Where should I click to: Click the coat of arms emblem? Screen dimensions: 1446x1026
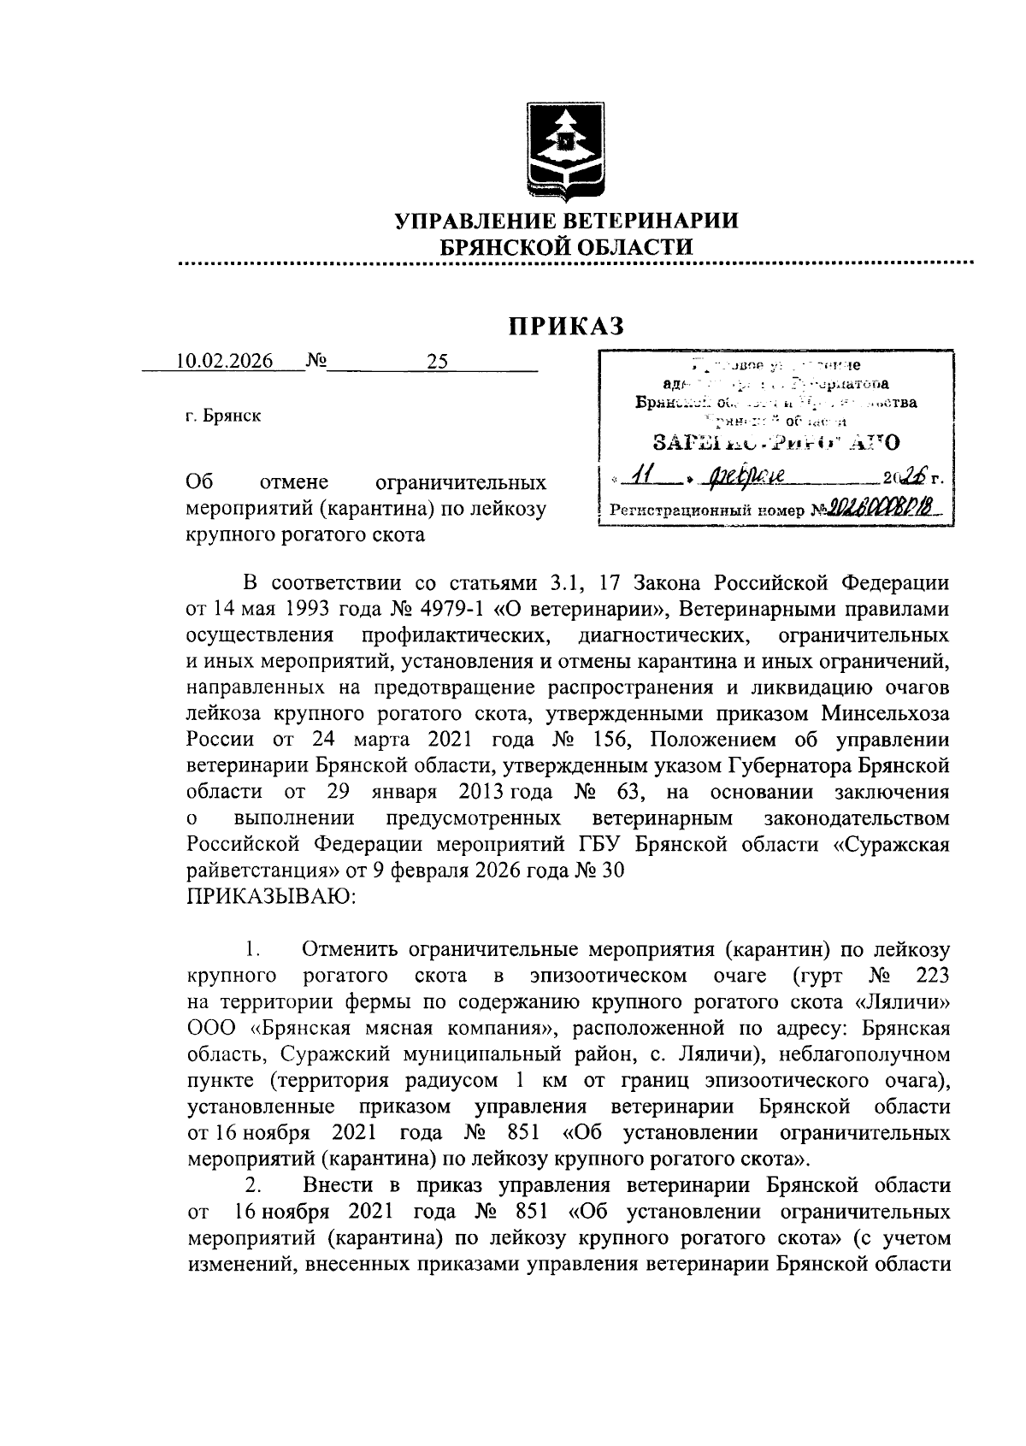(x=564, y=150)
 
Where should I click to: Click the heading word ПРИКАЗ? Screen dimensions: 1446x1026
(x=566, y=326)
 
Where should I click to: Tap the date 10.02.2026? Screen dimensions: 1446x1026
(x=224, y=361)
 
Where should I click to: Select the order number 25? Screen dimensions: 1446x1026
(x=437, y=361)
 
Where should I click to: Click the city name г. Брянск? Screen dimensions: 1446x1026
(x=223, y=416)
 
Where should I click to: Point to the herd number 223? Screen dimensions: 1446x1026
(x=931, y=976)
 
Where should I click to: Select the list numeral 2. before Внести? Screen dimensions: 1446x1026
(x=252, y=1186)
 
